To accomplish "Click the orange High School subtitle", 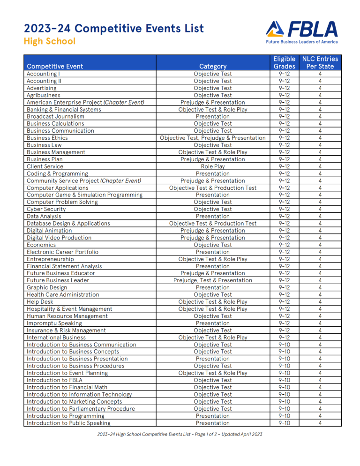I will pos(49,41).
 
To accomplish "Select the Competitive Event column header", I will pos(55,66).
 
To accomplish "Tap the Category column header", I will pos(212,66).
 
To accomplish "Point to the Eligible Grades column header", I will pos(284,62).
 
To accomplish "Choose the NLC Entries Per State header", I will pos(320,62).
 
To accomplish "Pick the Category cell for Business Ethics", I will pos(212,138).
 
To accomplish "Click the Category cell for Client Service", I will pos(212,166).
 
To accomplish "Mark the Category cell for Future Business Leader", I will pos(212,280).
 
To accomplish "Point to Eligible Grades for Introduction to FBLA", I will pos(284,380).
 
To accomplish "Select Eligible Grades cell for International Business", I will pos(284,338).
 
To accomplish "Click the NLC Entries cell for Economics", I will pos(320,245).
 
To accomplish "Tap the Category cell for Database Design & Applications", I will pos(212,223).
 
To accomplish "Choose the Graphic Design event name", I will pos(47,287).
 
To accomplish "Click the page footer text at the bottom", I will pos(180,434).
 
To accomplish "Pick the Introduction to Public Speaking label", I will pos(68,423).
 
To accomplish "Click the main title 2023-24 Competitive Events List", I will pos(114,29).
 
